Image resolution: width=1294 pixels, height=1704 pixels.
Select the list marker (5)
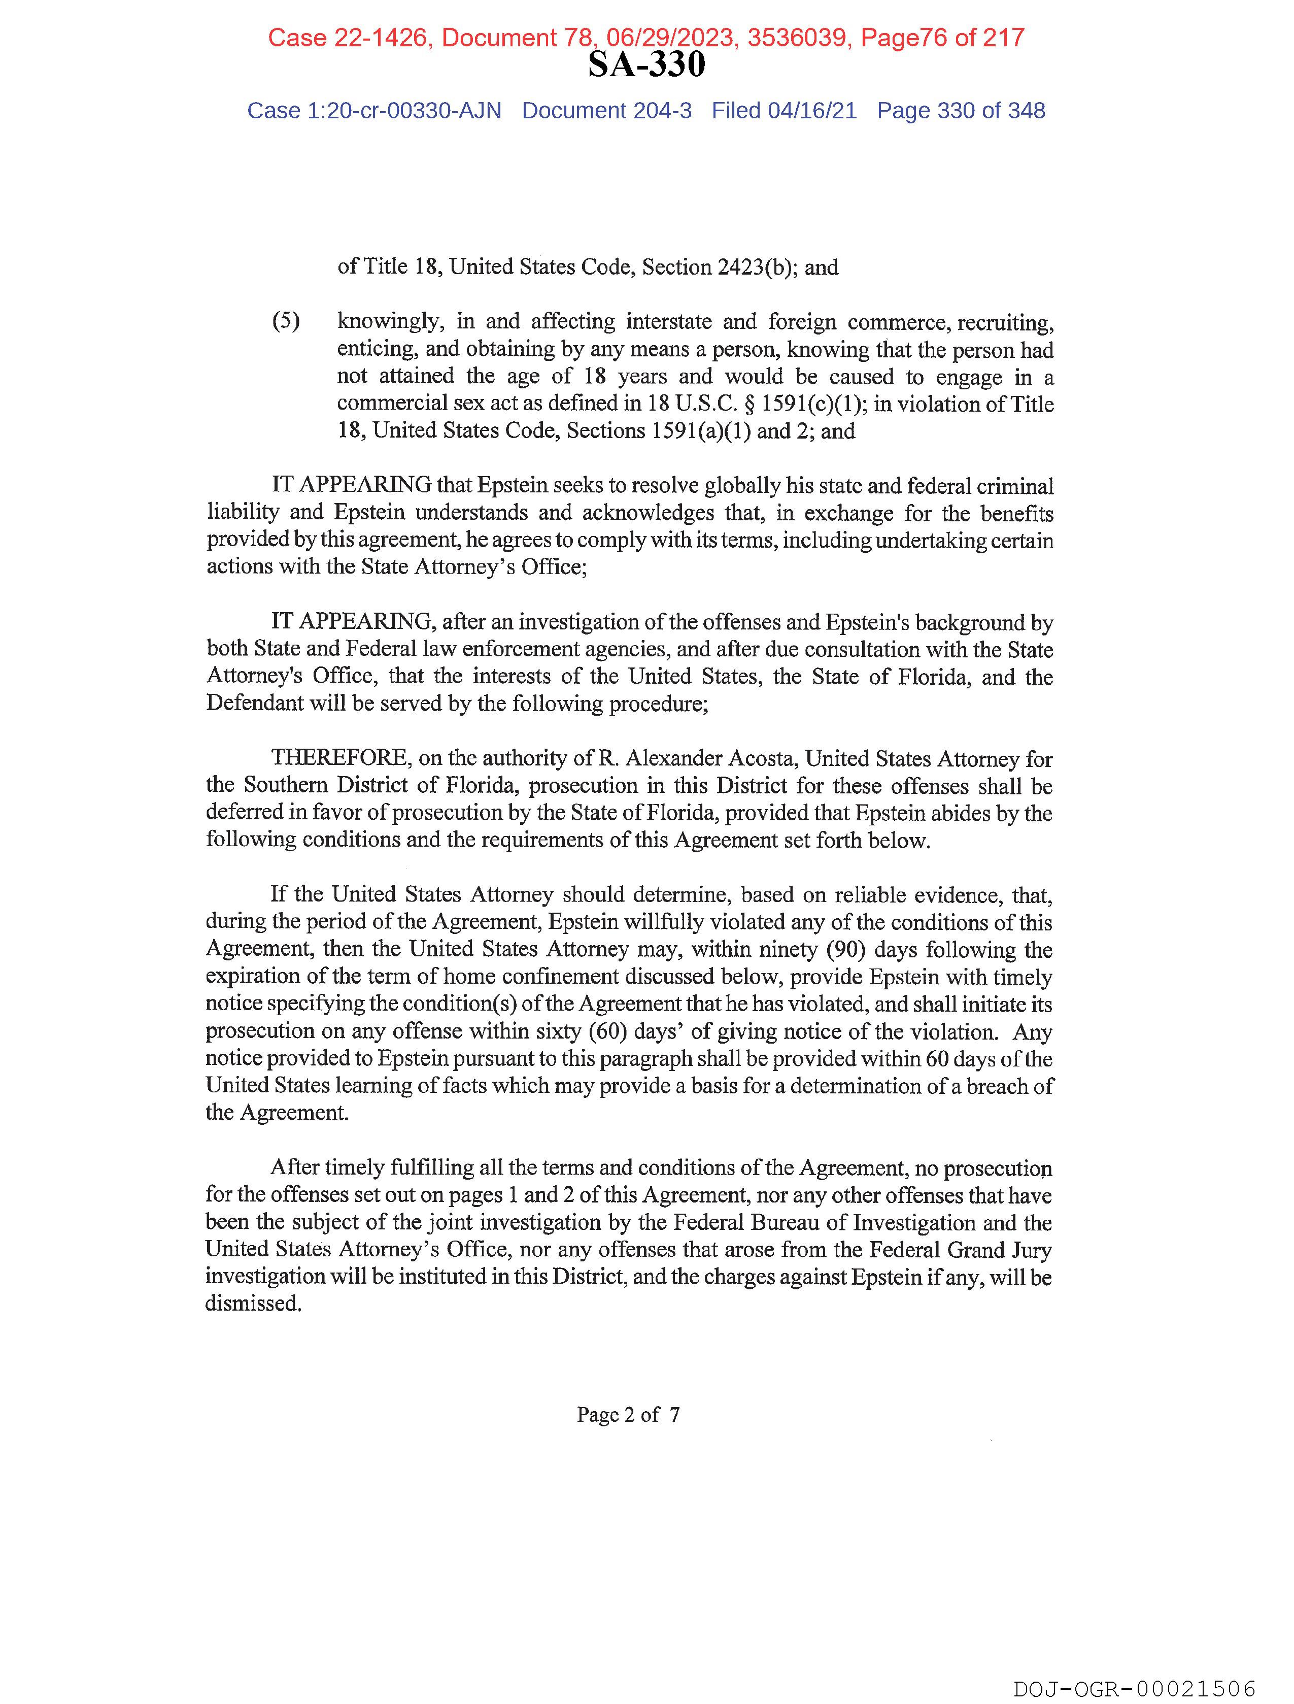[286, 321]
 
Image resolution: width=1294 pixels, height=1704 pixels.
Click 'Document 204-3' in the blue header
[606, 111]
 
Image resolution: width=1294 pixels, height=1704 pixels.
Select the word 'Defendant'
[254, 704]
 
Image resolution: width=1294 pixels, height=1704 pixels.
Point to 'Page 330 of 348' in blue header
[961, 111]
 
